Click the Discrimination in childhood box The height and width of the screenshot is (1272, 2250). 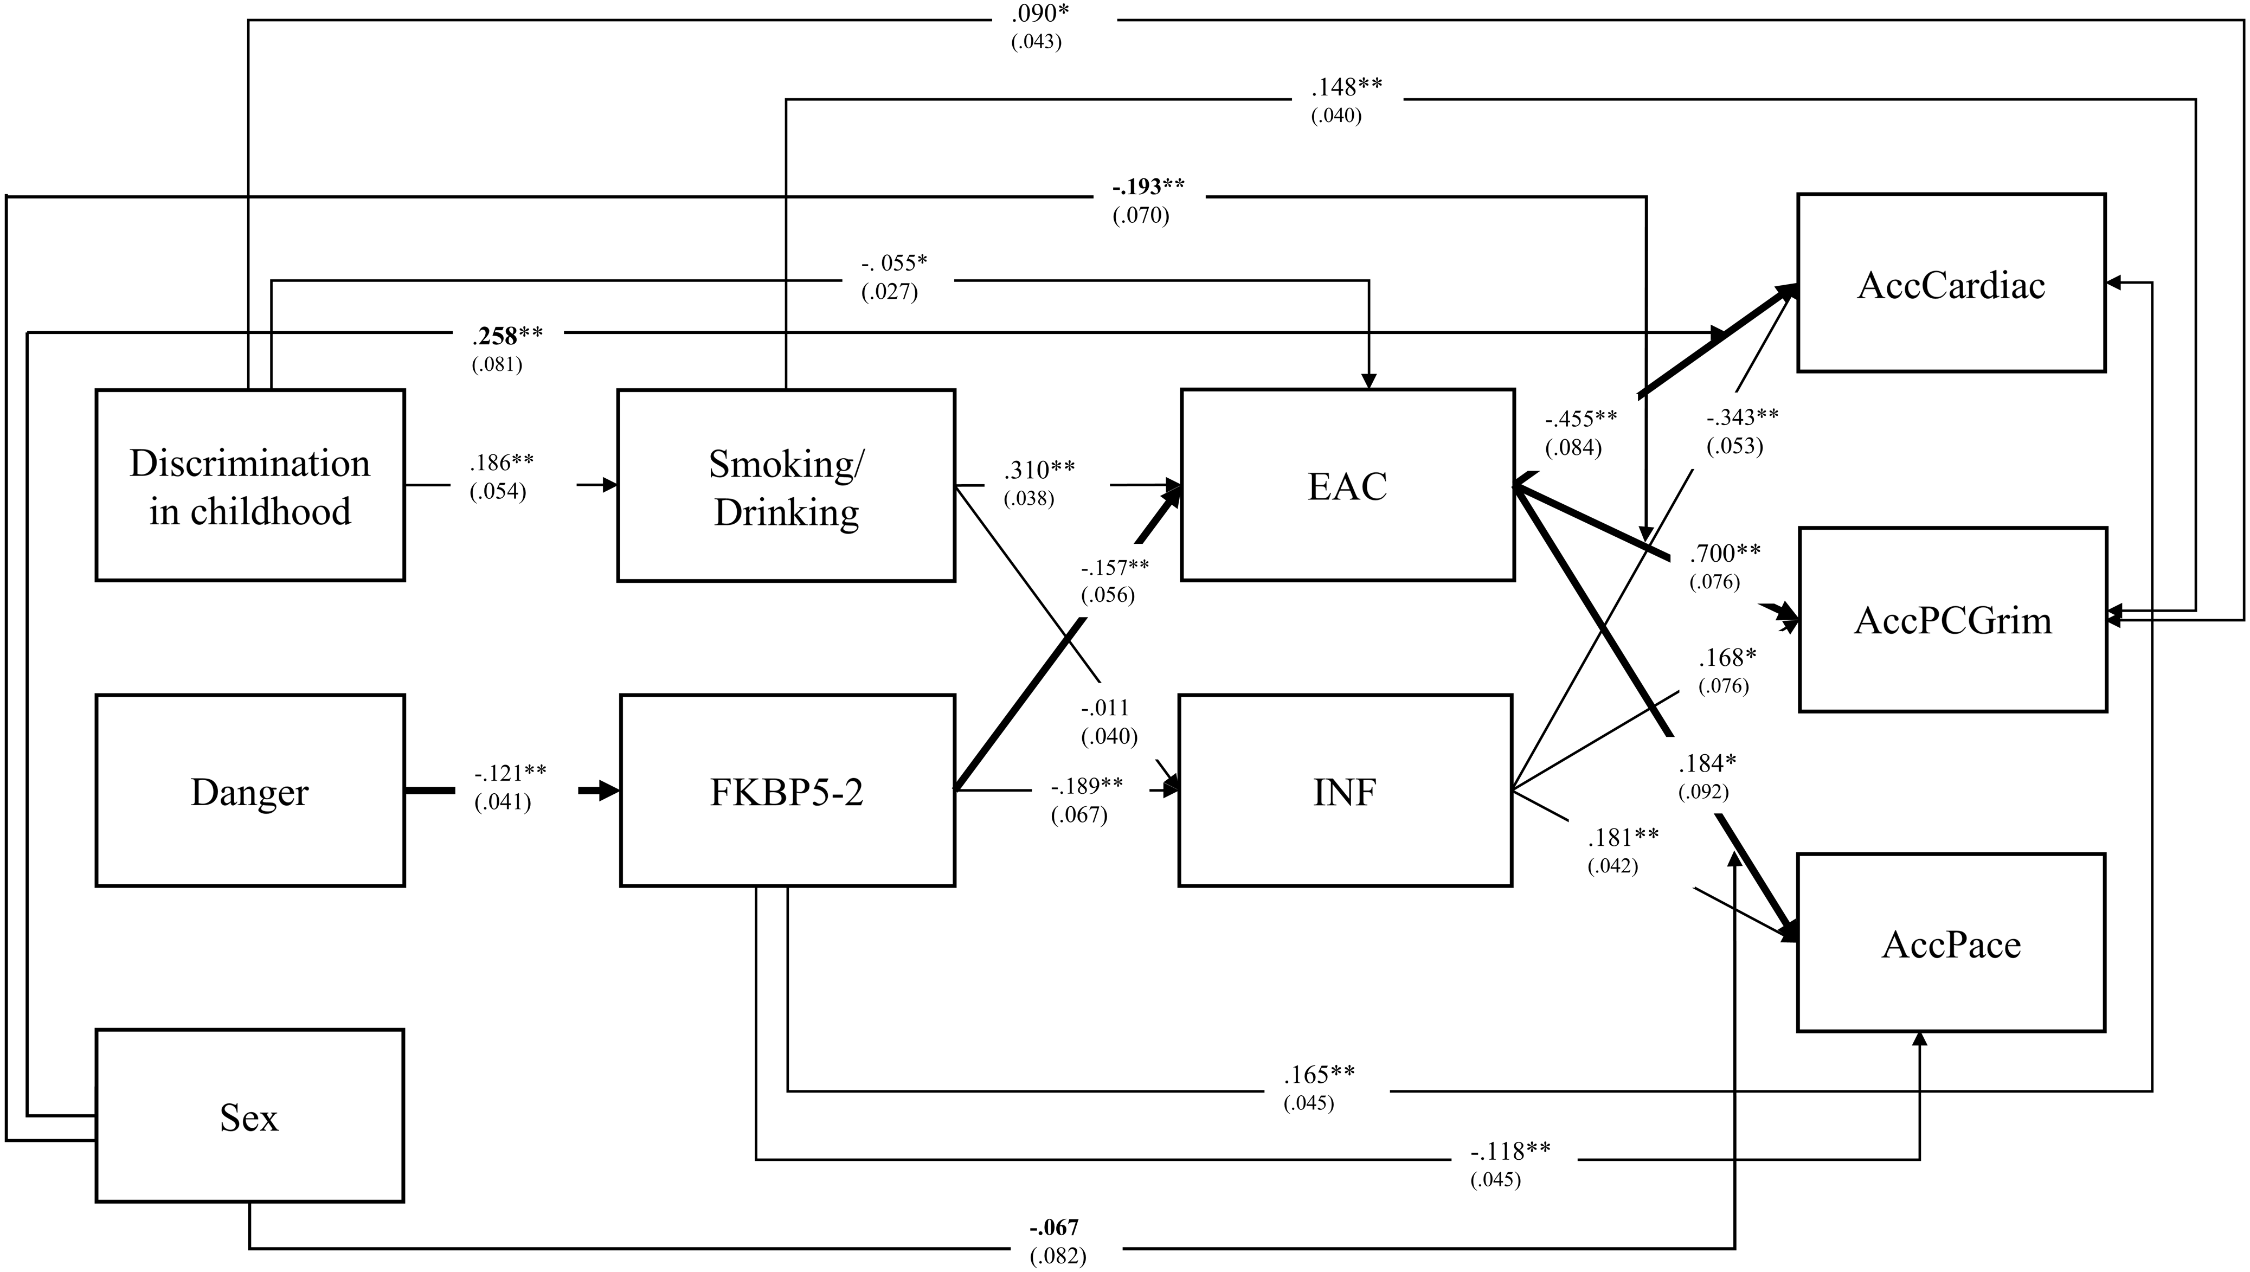[250, 486]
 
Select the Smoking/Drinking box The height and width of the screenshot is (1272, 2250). [786, 486]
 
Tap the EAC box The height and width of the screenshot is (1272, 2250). [1347, 486]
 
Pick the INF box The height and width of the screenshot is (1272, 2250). [1345, 792]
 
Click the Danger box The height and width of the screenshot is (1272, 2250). [250, 792]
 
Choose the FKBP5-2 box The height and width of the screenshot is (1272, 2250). [787, 792]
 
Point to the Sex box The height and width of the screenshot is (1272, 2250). [250, 1116]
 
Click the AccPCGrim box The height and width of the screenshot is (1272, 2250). [1953, 620]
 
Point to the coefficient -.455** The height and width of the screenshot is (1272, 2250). [1581, 419]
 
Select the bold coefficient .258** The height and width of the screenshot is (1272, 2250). [507, 336]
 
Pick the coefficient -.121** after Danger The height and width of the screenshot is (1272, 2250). [510, 773]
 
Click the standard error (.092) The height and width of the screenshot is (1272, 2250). [1703, 792]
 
